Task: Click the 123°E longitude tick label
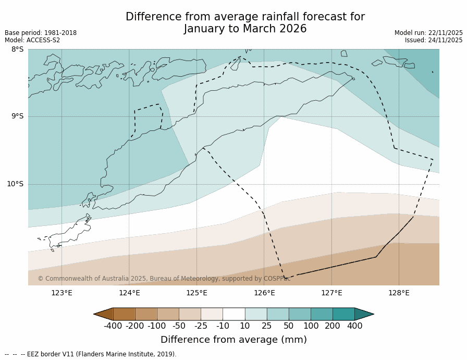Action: coord(62,293)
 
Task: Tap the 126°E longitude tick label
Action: coord(264,293)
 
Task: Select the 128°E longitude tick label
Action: coord(399,293)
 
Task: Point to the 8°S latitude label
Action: coord(18,50)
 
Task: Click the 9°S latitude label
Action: coord(18,116)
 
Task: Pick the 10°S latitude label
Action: coord(15,184)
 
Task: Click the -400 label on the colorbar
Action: coord(113,326)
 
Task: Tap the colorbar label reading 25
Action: coord(267,326)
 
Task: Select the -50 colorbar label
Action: coord(179,326)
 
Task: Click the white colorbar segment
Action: coord(233,314)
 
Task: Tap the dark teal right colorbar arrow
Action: coord(364,314)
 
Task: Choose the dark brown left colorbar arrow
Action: coord(104,314)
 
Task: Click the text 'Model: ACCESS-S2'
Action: coord(32,40)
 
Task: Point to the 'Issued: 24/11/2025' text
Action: coord(434,40)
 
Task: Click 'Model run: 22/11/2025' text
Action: coord(428,33)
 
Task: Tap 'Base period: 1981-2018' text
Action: coord(41,33)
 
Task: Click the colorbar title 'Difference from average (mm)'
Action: coord(233,340)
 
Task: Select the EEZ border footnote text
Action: coord(91,354)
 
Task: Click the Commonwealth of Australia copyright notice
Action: coord(164,279)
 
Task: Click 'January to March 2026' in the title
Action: coord(245,29)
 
